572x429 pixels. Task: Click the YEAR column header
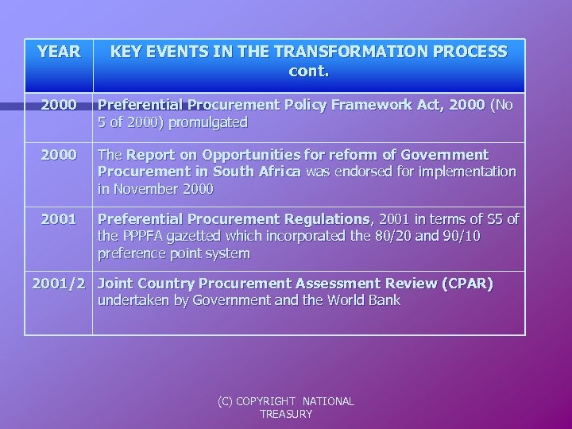click(59, 52)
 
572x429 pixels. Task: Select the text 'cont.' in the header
click(309, 71)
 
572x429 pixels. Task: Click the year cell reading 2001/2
click(58, 284)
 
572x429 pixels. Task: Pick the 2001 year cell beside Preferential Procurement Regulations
click(59, 218)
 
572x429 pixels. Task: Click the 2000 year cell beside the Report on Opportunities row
click(59, 154)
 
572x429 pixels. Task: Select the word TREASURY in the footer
click(286, 414)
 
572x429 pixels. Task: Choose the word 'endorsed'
click(357, 172)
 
